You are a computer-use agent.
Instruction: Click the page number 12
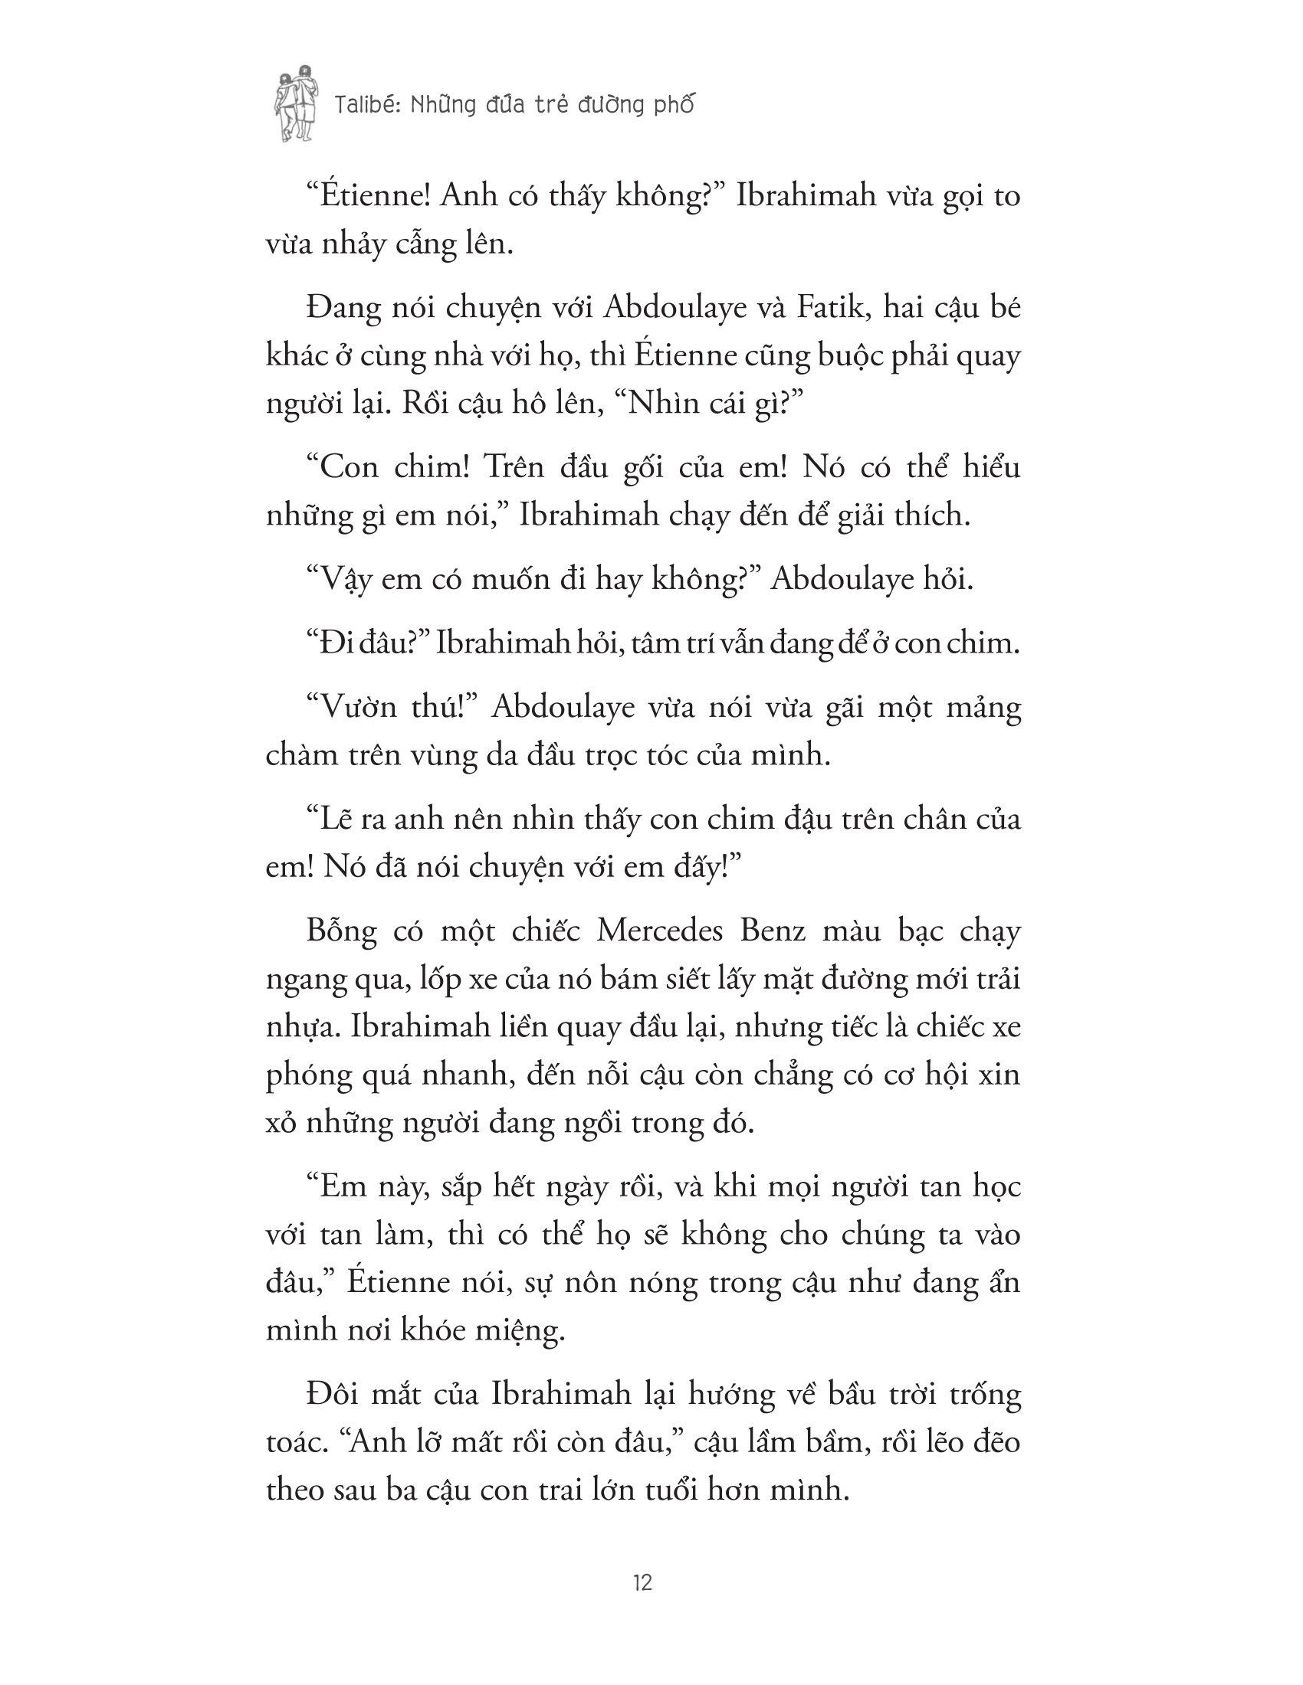pos(642,1584)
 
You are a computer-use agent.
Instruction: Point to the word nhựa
pos(297,1029)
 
